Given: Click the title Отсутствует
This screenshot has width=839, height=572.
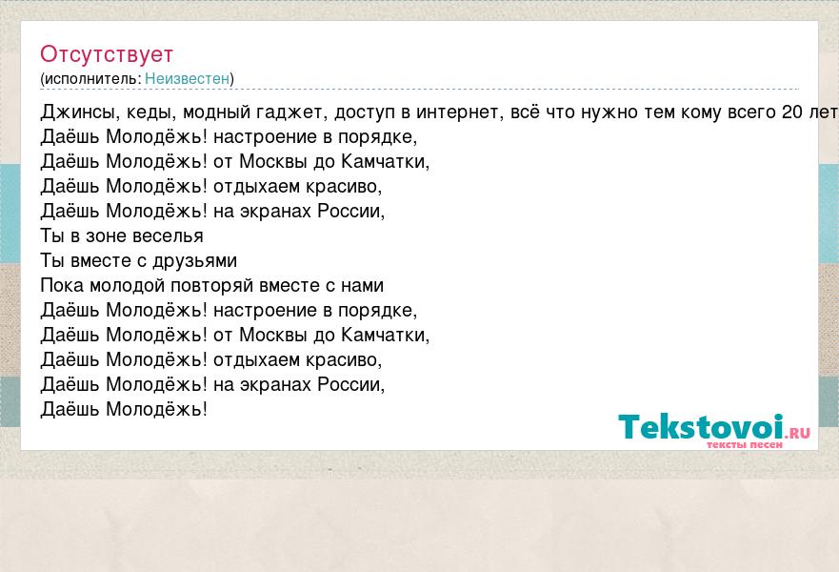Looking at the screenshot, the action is [x=107, y=54].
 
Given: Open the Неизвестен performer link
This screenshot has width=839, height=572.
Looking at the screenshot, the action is [x=187, y=79].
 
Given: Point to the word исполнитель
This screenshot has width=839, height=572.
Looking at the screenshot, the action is [x=91, y=79].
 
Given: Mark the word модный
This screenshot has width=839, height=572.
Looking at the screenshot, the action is [x=217, y=112].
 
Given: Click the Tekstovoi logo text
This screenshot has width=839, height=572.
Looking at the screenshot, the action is [x=701, y=427].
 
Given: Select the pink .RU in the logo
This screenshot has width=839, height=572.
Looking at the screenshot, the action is [x=798, y=433].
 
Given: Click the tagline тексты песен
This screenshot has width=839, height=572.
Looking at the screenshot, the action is [x=745, y=444].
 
